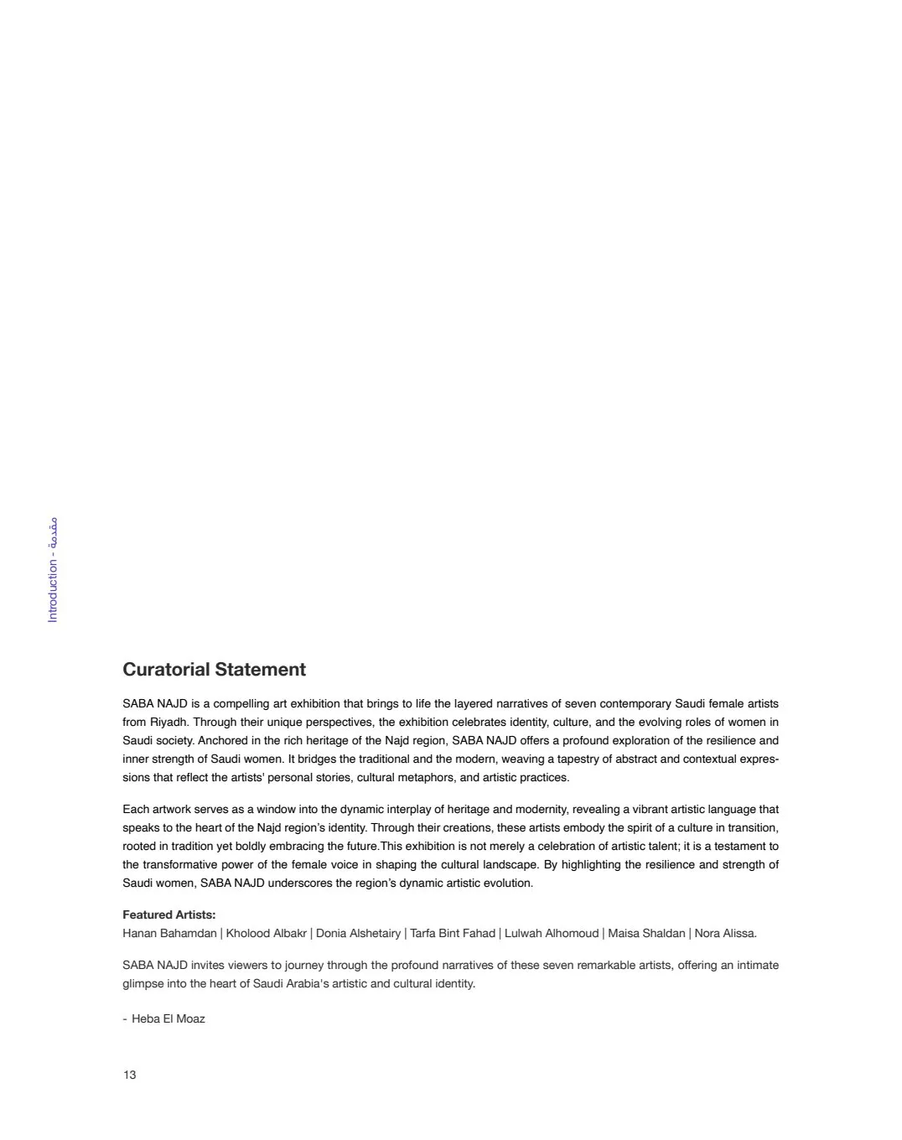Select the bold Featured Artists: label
168,915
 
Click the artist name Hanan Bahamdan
169,933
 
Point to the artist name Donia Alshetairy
358,933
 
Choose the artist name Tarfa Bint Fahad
453,933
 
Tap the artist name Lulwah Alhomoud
552,933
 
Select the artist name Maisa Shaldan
646,933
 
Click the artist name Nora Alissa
725,933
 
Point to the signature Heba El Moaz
168,1018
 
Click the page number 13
129,1075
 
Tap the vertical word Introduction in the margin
54,592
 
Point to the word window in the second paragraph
277,809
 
